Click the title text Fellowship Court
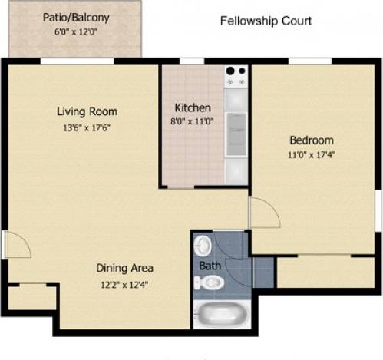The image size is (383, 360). click(x=266, y=21)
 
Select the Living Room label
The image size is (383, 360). click(x=87, y=112)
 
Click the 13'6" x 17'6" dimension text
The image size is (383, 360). click(x=87, y=128)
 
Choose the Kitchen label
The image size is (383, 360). click(x=193, y=107)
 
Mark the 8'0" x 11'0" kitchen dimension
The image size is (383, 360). click(x=193, y=121)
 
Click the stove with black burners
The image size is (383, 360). click(x=236, y=76)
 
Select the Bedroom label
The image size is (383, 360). click(x=311, y=140)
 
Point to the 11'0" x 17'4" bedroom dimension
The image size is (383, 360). click(x=311, y=155)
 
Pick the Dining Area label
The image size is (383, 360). click(x=124, y=268)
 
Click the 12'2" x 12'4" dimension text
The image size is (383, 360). click(x=124, y=284)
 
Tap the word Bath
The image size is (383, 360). click(x=209, y=266)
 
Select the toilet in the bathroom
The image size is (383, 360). click(x=208, y=283)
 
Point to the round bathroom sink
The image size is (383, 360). click(x=203, y=246)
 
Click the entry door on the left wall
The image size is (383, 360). click(x=15, y=245)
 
